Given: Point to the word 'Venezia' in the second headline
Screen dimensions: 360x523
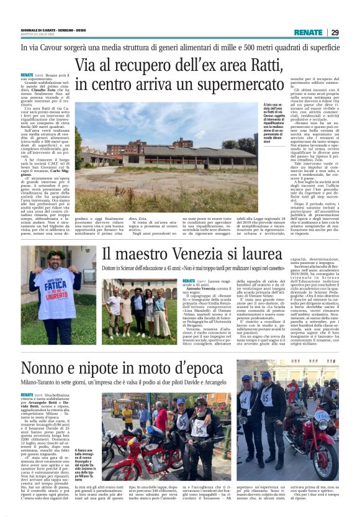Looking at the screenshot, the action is pyautogui.click(x=200, y=254).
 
